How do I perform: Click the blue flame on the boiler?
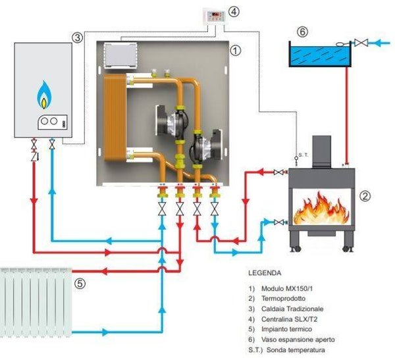(44, 95)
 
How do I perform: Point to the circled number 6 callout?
(302, 32)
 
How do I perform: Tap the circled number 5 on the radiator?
(80, 285)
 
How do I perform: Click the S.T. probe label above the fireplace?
(303, 155)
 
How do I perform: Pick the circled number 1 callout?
(235, 49)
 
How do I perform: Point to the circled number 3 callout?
(78, 38)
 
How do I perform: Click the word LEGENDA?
(264, 272)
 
